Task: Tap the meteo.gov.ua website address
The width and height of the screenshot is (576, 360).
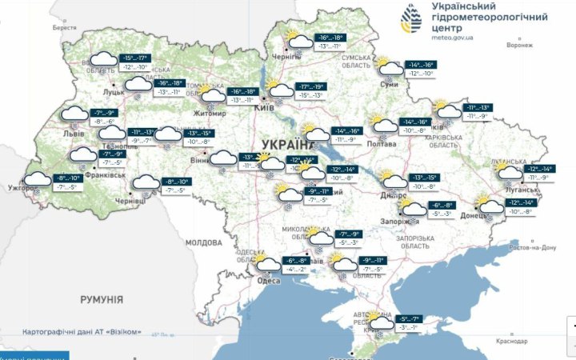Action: [x=453, y=37]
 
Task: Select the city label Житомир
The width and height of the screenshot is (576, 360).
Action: [x=208, y=114]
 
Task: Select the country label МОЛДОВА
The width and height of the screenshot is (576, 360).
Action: [x=202, y=242]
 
